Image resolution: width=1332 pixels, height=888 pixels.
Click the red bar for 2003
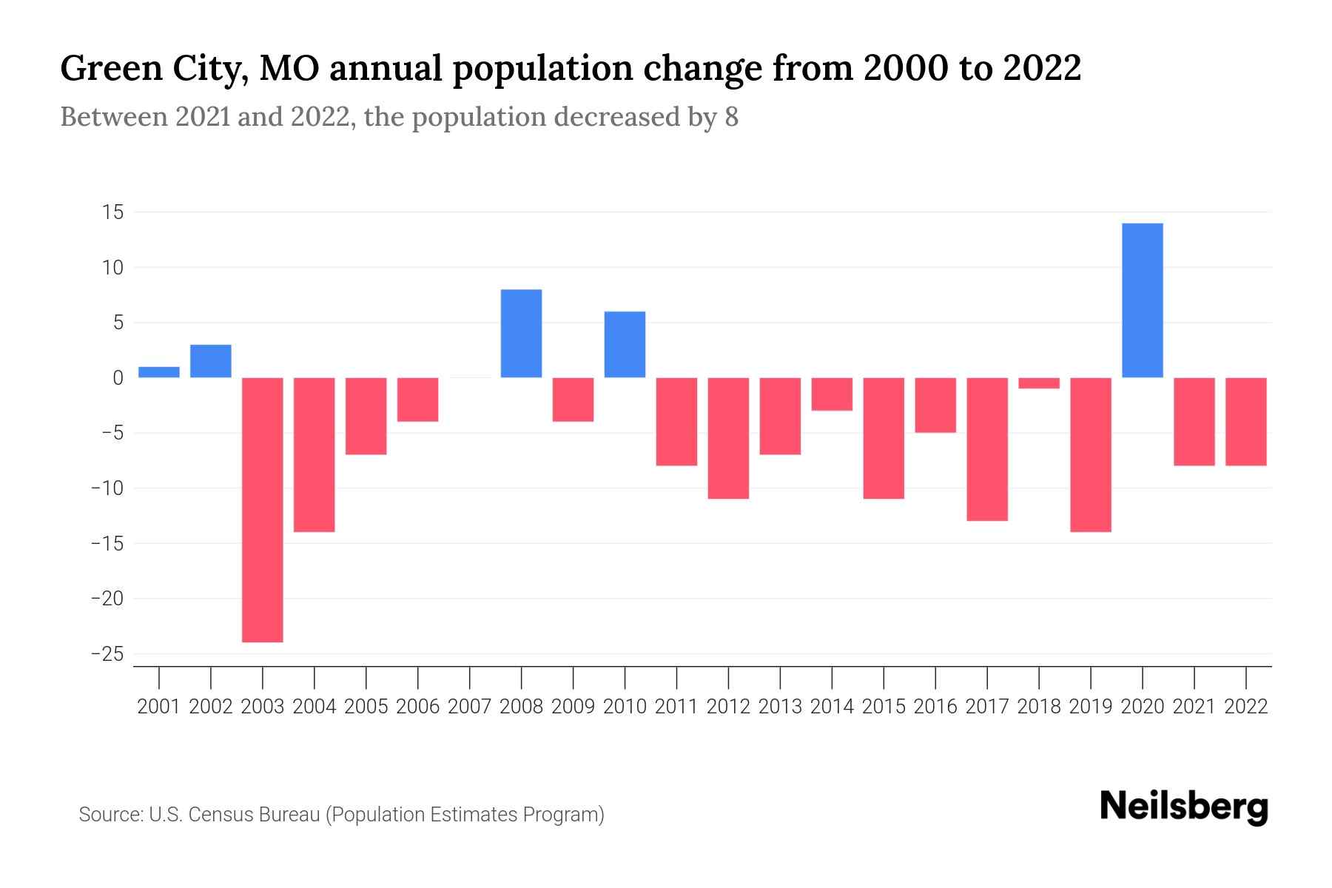(263, 509)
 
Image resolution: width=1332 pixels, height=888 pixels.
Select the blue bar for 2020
(1142, 300)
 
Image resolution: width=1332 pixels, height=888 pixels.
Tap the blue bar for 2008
(521, 333)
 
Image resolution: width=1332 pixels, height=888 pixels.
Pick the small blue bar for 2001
(159, 372)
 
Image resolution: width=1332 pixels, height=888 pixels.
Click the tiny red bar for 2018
(1039, 383)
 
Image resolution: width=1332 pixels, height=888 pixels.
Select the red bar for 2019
(1091, 454)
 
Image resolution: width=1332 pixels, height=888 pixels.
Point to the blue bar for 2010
(625, 344)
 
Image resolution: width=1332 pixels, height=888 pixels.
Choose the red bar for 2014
(832, 394)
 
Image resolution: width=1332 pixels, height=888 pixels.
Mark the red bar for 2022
(1246, 421)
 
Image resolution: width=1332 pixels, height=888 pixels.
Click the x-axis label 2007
(469, 707)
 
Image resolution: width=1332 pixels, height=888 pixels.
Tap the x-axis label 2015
(884, 707)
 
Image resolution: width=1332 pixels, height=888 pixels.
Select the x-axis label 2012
(728, 707)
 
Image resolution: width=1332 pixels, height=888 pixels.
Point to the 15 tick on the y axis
(113, 212)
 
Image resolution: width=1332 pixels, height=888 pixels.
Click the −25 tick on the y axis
(107, 654)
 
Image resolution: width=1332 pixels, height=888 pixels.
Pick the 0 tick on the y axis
(118, 378)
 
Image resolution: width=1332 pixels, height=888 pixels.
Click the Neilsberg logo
(1184, 807)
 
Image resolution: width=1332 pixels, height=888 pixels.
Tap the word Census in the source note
(218, 815)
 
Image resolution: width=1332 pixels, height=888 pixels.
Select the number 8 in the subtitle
(731, 117)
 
